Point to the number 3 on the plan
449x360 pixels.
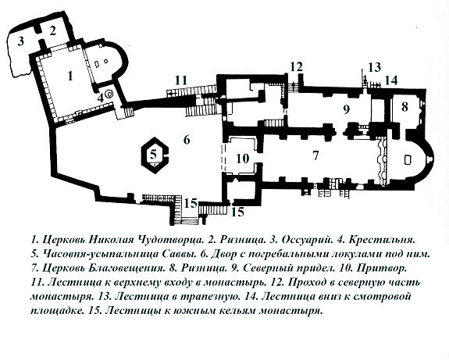pyautogui.click(x=23, y=40)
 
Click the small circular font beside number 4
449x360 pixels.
pyautogui.click(x=109, y=94)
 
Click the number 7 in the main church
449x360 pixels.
pyautogui.click(x=315, y=155)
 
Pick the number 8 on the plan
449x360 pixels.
pyautogui.click(x=404, y=106)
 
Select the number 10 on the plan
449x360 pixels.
pyautogui.click(x=242, y=159)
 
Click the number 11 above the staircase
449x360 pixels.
pyautogui.click(x=182, y=79)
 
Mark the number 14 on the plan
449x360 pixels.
pyautogui.click(x=390, y=80)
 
